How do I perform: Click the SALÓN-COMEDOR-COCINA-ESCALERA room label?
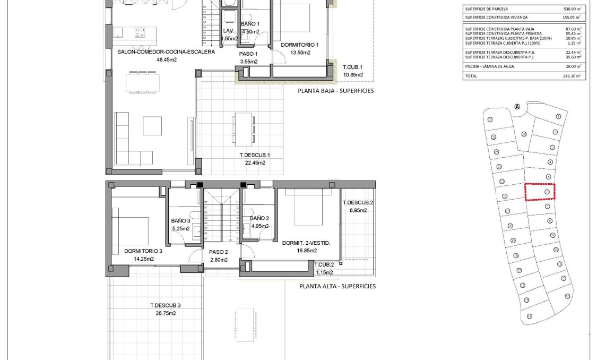click(166, 52)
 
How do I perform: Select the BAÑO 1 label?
click(250, 24)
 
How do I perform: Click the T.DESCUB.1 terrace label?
click(255, 155)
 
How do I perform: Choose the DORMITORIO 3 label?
click(143, 251)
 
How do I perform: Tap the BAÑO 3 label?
click(180, 220)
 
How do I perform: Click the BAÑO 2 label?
click(259, 218)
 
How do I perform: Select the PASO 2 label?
click(218, 252)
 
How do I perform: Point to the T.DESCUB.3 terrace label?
click(166, 305)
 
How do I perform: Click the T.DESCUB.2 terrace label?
click(358, 203)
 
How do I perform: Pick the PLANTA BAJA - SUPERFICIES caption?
click(336, 91)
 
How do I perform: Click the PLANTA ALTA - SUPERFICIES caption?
click(338, 286)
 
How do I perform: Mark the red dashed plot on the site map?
click(540, 192)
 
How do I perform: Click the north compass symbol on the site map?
click(517, 106)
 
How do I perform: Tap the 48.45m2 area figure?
click(166, 59)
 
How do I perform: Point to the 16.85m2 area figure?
click(307, 251)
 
